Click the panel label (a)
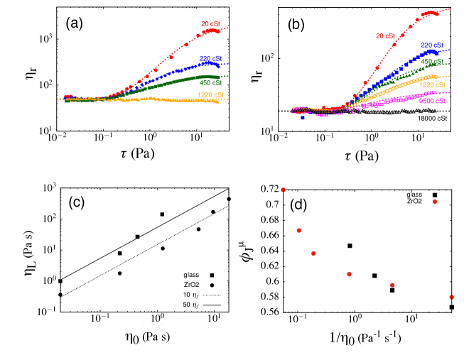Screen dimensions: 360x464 point(75,23)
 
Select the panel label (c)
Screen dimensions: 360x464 point(77,202)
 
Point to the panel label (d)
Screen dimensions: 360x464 point(299,206)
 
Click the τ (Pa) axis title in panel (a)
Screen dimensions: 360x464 point(137,153)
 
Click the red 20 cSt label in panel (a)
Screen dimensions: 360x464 point(210,24)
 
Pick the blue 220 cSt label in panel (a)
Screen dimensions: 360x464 point(208,59)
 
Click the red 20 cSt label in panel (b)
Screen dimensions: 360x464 point(384,36)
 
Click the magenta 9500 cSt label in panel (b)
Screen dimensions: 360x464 point(432,101)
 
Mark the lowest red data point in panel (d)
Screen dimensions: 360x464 point(452,297)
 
